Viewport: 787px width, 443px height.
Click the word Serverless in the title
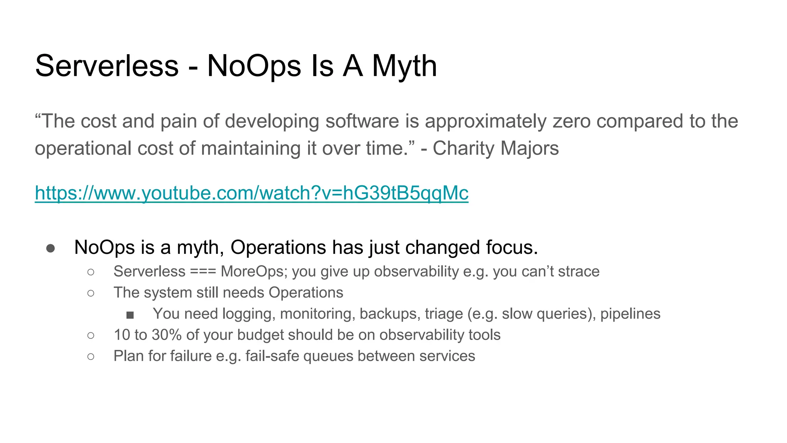(x=107, y=66)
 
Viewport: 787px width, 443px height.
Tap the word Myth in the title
(x=404, y=66)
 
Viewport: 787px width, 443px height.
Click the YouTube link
(x=251, y=193)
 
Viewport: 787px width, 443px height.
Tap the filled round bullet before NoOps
(x=50, y=248)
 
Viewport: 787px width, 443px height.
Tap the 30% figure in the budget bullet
(x=166, y=335)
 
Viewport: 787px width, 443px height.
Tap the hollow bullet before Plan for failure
(x=91, y=357)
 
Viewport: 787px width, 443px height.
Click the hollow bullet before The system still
(x=91, y=293)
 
